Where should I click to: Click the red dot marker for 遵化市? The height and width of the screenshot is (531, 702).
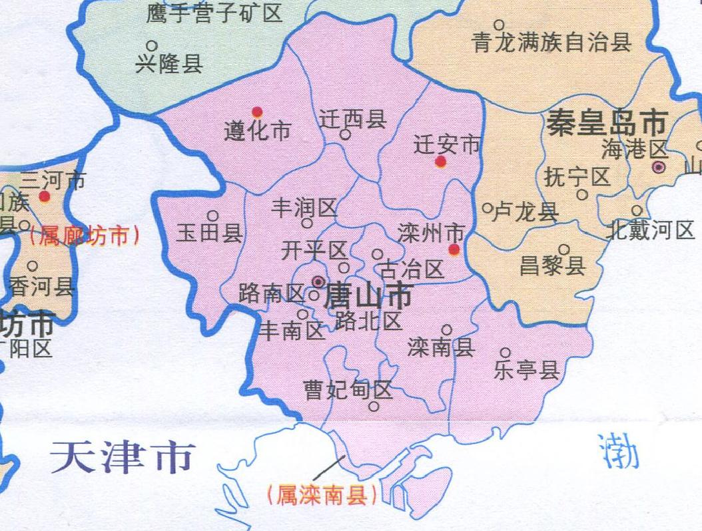pyautogui.click(x=257, y=112)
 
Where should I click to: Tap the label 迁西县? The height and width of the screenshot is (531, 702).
pyautogui.click(x=353, y=120)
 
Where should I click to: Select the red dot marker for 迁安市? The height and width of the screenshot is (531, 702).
pyautogui.click(x=440, y=162)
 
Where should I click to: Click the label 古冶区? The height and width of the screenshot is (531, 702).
pyautogui.click(x=411, y=269)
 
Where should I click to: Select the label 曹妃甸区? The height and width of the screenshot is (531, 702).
pyautogui.click(x=348, y=390)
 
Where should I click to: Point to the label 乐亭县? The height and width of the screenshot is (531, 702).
pyautogui.click(x=526, y=370)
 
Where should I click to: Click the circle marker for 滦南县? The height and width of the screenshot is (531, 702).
pyautogui.click(x=447, y=329)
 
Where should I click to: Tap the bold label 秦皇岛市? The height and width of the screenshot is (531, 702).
pyautogui.click(x=606, y=123)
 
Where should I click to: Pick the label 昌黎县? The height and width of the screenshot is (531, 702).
pyautogui.click(x=552, y=266)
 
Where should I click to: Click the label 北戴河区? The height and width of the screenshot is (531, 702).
pyautogui.click(x=651, y=231)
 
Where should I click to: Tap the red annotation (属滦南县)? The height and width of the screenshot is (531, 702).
pyautogui.click(x=320, y=495)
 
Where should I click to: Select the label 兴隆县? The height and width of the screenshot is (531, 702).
pyautogui.click(x=169, y=64)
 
